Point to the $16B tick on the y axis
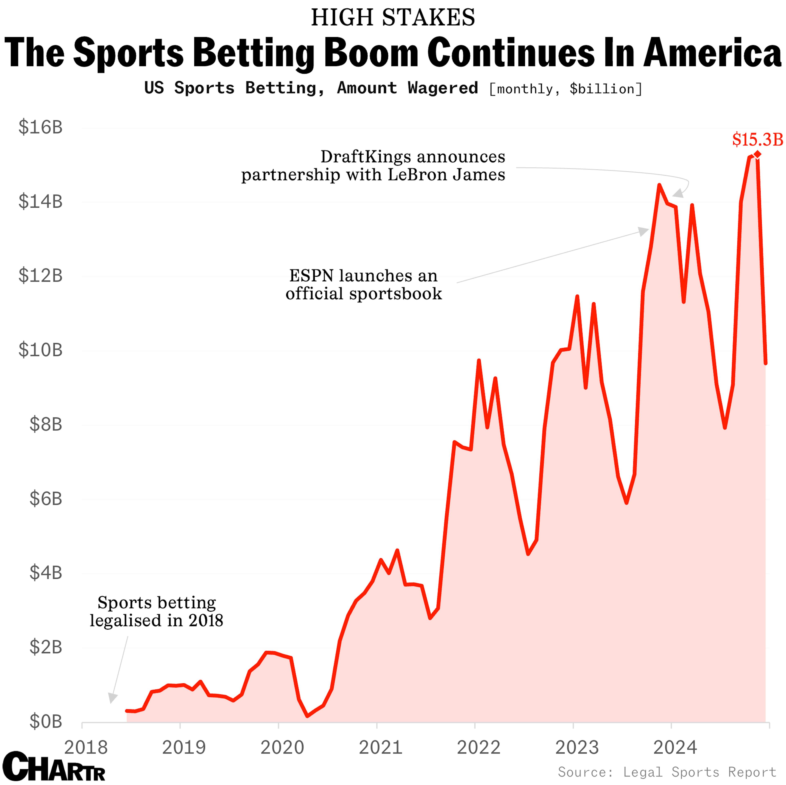pos(40,127)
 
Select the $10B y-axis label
pos(40,350)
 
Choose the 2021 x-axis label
pos(380,747)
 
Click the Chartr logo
pos(54,766)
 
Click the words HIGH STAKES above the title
pos(393,17)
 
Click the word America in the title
pos(712,53)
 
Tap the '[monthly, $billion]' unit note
pos(566,89)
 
